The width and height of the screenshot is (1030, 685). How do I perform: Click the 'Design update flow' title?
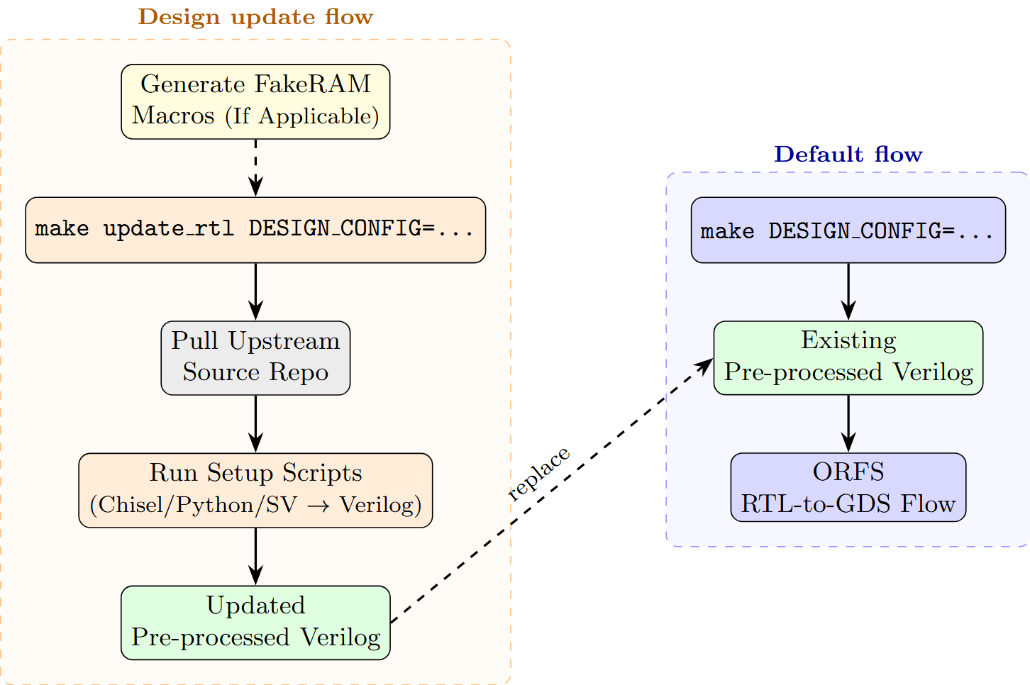[255, 16]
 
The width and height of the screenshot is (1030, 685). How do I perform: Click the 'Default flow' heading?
[848, 154]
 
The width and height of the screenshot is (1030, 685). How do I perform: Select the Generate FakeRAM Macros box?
[255, 101]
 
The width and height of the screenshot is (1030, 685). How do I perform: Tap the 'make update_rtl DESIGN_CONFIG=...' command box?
[255, 230]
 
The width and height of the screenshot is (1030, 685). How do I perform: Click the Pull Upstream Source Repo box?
[255, 357]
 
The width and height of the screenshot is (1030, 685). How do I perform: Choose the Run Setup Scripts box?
[255, 490]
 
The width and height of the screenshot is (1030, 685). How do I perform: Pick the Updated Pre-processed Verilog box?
[255, 622]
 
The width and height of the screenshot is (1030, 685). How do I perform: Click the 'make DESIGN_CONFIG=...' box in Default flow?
[848, 230]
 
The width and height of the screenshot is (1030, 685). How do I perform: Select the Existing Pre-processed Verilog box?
[848, 357]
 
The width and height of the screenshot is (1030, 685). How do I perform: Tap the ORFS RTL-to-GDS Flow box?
[848, 487]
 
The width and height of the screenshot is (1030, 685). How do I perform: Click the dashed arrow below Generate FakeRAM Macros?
[255, 167]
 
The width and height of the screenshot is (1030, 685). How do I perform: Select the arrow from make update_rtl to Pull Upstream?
[255, 291]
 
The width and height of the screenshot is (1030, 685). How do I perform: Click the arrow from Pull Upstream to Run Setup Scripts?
[255, 423]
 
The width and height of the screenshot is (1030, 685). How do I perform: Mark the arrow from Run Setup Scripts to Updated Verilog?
[255, 555]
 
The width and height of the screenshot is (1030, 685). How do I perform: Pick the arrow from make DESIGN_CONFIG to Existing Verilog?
[848, 291]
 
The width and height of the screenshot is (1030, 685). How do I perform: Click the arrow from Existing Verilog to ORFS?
[848, 423]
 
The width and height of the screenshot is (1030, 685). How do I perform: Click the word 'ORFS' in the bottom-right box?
[848, 472]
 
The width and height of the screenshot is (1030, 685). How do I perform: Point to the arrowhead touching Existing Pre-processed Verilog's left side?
[705, 365]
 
